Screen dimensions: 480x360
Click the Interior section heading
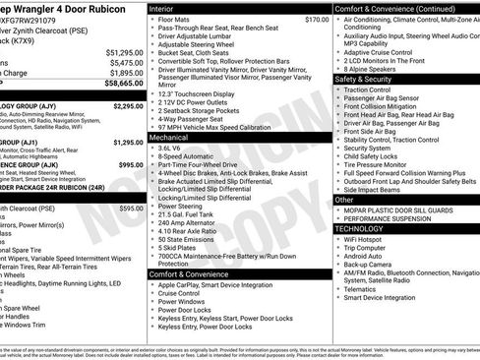[x=166, y=8]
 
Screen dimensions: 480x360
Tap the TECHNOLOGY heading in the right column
[x=359, y=228]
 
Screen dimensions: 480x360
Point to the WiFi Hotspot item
[x=367, y=239]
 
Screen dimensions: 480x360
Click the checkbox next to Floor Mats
[x=150, y=19]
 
